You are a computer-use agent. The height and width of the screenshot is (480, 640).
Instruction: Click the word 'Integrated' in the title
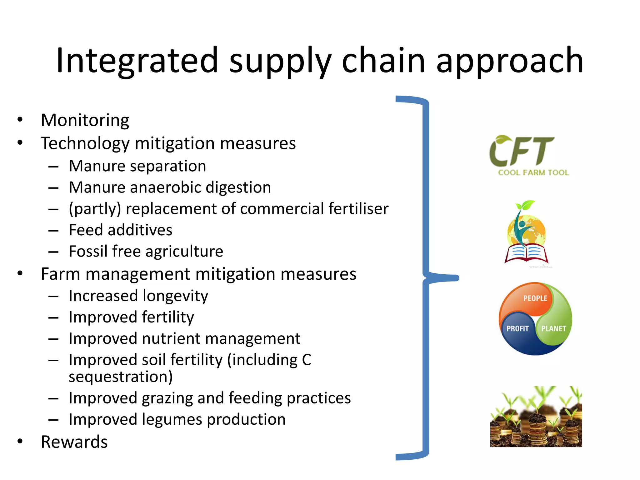(x=137, y=60)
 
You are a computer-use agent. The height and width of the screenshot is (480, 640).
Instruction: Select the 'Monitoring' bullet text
(x=85, y=120)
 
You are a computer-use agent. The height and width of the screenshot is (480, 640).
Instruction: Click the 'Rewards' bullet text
(x=74, y=442)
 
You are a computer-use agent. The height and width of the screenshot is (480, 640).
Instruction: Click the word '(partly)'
(x=95, y=209)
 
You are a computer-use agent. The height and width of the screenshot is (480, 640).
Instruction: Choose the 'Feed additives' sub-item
(x=120, y=230)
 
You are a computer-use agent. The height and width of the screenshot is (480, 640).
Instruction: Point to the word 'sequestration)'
(x=121, y=377)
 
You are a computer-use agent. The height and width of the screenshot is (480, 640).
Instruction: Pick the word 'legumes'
(x=172, y=420)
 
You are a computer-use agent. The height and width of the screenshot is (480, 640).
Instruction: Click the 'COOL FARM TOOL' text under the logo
(x=533, y=173)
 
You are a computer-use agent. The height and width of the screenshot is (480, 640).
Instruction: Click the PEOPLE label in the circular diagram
(x=535, y=298)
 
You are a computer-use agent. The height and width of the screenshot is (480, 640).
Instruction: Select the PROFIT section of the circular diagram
(x=517, y=329)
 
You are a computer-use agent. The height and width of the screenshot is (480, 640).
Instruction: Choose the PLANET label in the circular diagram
(x=553, y=329)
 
